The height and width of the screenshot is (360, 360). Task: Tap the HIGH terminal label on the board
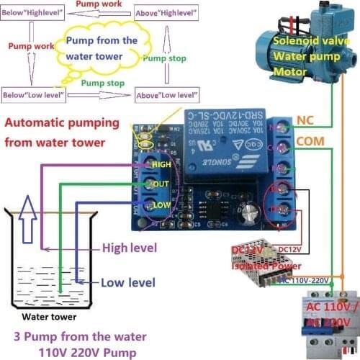161,165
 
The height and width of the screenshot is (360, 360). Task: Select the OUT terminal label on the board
161,184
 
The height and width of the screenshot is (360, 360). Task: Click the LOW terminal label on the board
161,205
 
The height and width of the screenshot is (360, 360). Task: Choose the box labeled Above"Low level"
167,95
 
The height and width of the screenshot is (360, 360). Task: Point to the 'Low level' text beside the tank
127,282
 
